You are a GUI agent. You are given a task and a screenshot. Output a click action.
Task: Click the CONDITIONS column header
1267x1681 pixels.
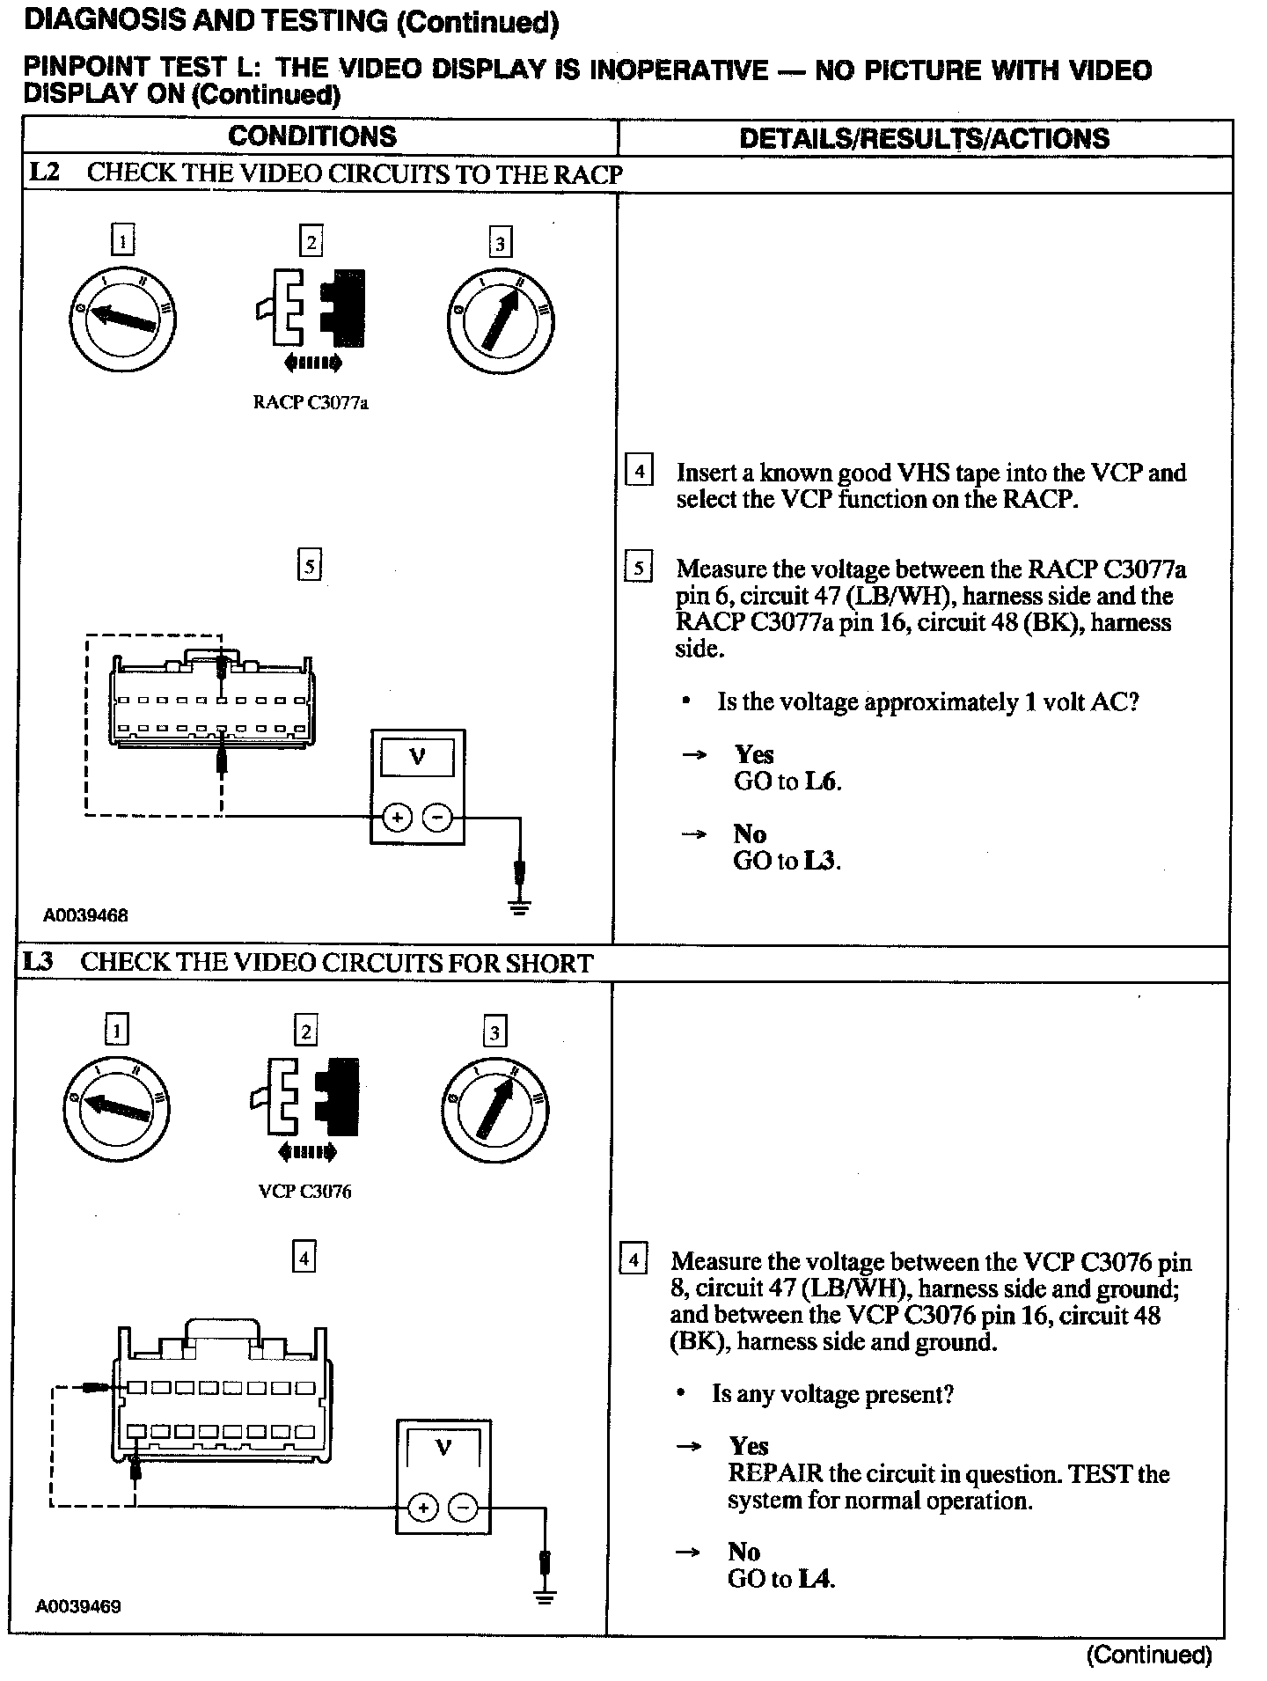pyautogui.click(x=312, y=136)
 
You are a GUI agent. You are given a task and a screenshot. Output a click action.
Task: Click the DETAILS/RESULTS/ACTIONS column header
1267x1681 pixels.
pyautogui.click(x=924, y=138)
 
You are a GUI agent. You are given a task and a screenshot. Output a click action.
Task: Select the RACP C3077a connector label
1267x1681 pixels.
pyautogui.click(x=311, y=403)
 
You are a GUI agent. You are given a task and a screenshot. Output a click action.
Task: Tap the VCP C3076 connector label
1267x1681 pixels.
pyautogui.click(x=304, y=1192)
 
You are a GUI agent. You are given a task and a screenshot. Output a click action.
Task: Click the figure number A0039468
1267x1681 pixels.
pyautogui.click(x=85, y=915)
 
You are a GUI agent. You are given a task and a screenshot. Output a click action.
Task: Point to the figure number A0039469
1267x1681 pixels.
pyautogui.click(x=78, y=1606)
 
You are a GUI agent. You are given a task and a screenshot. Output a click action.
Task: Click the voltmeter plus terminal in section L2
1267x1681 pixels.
pyautogui.click(x=397, y=818)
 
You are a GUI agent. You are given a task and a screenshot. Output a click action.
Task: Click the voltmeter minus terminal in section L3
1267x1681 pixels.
pyautogui.click(x=464, y=1508)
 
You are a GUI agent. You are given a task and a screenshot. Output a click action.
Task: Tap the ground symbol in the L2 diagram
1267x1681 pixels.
pyautogui.click(x=520, y=907)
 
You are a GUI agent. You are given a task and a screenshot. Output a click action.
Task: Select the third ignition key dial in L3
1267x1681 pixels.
pyautogui.click(x=494, y=1105)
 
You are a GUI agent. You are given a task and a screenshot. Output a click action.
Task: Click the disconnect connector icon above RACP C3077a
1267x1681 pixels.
pyautogui.click(x=311, y=308)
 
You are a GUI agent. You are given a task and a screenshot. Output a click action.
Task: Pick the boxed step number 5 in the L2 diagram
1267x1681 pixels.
pyautogui.click(x=309, y=566)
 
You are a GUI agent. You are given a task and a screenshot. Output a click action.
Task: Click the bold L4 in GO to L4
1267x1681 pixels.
pyautogui.click(x=816, y=1579)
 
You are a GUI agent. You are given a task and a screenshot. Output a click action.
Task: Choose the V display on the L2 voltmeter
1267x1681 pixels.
pyautogui.click(x=417, y=756)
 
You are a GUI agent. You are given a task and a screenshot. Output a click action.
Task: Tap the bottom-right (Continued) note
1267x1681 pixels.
pyautogui.click(x=1149, y=1655)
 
